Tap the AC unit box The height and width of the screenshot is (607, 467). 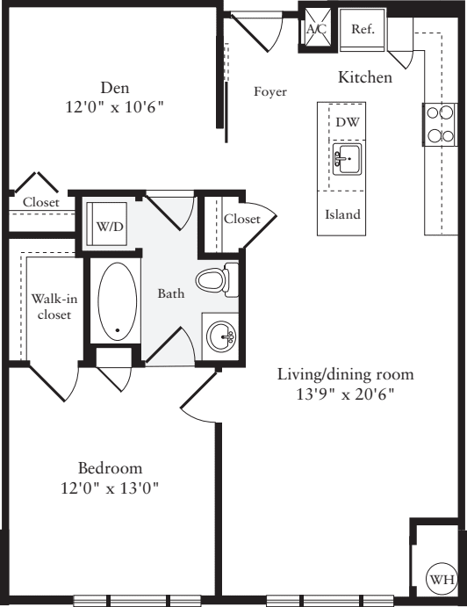click(316, 28)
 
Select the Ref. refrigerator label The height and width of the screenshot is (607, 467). click(363, 29)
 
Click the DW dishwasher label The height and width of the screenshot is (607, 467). click(348, 122)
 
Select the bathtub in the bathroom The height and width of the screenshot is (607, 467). click(117, 303)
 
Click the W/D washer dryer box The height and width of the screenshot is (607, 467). click(110, 226)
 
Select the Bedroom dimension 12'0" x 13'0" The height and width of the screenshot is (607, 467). click(110, 488)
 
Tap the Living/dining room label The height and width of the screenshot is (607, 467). click(345, 374)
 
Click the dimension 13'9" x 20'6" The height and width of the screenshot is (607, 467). click(345, 394)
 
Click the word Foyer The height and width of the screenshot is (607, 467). click(270, 92)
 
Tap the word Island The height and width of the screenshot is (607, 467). click(342, 214)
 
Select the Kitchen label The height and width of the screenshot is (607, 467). click(365, 77)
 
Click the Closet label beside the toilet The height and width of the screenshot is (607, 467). click(241, 219)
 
